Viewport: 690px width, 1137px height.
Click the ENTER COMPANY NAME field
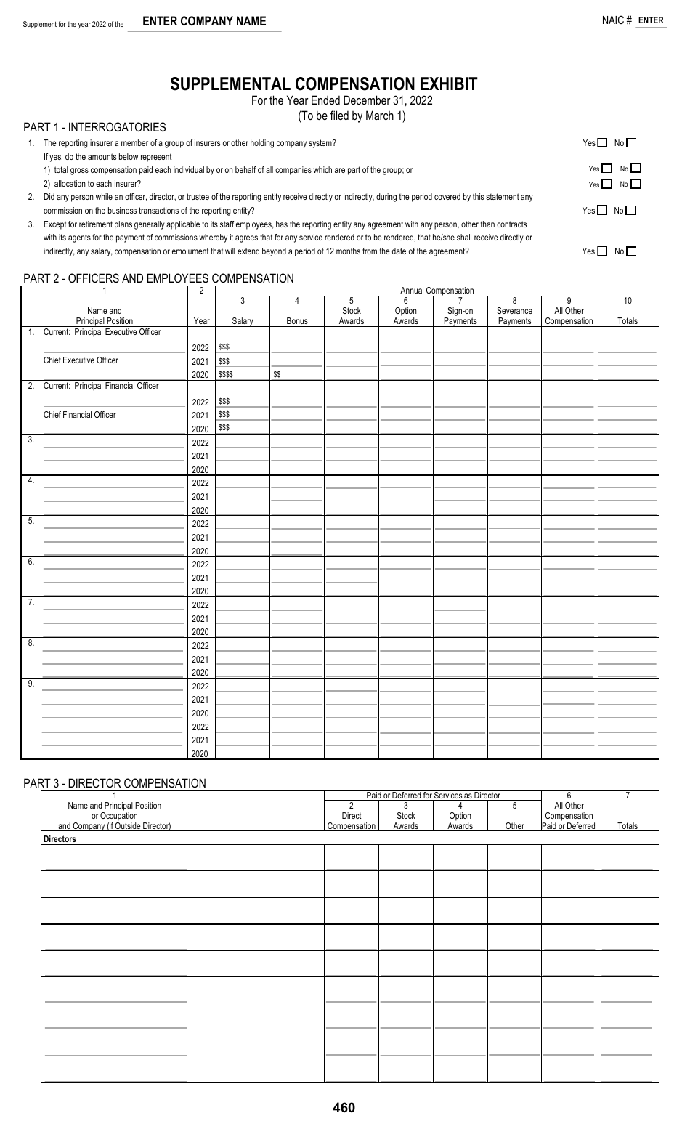coord(204,22)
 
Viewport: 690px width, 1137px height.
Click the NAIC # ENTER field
coord(650,20)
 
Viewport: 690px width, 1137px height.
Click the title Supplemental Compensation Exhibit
coord(324,84)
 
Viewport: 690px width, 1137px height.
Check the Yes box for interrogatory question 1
coord(602,143)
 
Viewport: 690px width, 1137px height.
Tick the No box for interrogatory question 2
coord(630,211)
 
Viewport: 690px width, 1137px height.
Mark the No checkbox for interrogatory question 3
coord(630,251)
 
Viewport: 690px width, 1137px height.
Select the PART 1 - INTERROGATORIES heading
coord(94,127)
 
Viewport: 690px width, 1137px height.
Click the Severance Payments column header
coord(514,315)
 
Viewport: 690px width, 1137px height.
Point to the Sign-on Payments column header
coord(460,315)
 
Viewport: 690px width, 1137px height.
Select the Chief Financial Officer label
coord(79,415)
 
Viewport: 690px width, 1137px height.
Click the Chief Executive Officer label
coord(81,360)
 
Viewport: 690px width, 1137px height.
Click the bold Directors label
coord(60,839)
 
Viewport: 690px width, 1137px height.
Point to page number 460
coord(344,1108)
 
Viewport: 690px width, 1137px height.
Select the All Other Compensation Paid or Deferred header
coord(569,815)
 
